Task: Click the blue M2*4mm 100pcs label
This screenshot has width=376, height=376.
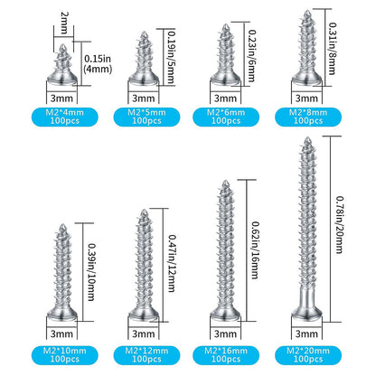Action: (65, 117)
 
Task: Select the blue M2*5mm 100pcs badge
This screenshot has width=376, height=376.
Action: (146, 117)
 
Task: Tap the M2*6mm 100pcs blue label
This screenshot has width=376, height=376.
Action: (226, 117)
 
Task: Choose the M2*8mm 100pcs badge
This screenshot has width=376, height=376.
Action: (308, 117)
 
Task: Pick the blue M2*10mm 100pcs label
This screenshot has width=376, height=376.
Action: (65, 355)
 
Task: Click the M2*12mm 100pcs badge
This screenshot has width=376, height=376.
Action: (146, 355)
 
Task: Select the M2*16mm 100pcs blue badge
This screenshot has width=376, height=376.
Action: (226, 355)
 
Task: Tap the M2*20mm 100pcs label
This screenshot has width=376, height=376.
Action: (308, 355)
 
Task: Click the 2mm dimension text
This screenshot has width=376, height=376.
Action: (64, 23)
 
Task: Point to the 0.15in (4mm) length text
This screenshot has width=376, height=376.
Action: (98, 63)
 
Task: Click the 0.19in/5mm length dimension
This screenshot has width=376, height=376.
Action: (171, 57)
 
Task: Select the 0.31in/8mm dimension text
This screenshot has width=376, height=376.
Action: (333, 48)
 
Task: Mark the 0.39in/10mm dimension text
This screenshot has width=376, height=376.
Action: (91, 272)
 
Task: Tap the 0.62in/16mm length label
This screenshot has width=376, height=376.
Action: (255, 250)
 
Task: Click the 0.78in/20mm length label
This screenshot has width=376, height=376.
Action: (340, 225)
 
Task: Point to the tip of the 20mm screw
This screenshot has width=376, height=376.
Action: (307, 138)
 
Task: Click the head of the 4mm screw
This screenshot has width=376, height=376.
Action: (62, 78)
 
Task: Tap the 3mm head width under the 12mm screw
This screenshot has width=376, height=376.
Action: (144, 334)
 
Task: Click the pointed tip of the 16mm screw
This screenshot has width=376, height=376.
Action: (225, 182)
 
